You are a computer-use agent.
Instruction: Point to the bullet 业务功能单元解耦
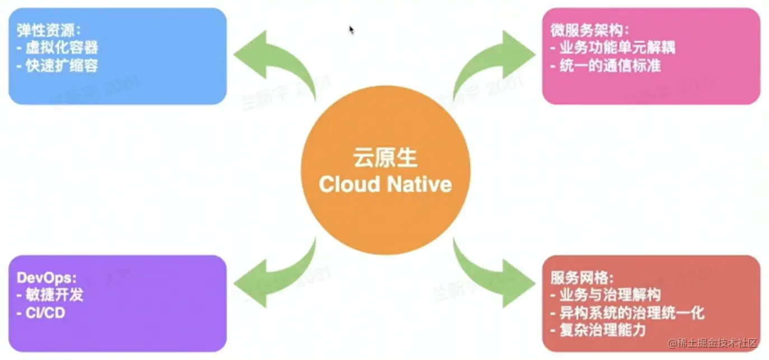click(x=613, y=48)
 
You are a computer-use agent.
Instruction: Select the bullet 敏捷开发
click(x=50, y=295)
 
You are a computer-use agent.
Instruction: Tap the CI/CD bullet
click(x=42, y=312)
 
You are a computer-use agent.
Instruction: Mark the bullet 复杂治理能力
click(x=599, y=330)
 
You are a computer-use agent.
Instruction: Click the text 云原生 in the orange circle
click(x=385, y=158)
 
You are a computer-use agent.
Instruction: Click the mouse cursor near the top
click(x=351, y=29)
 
